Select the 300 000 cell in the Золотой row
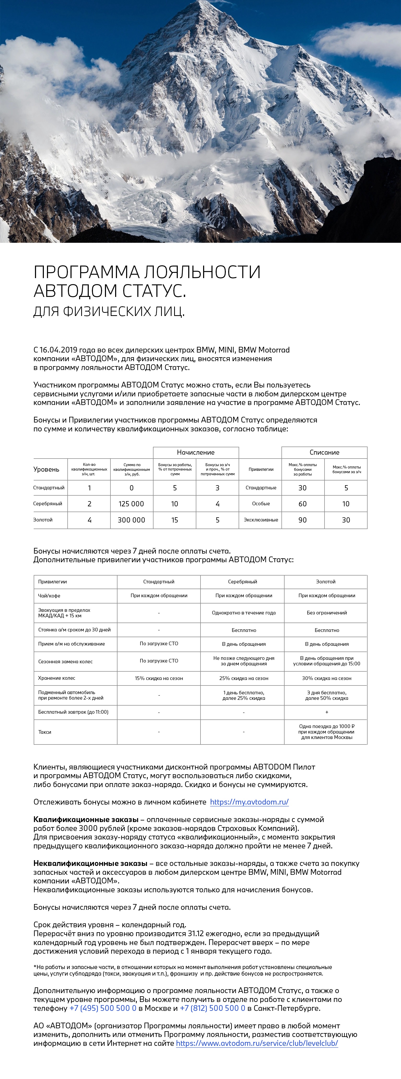[x=131, y=520]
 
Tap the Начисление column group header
[x=196, y=452]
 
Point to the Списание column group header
[x=325, y=452]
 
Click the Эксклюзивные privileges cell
[x=261, y=520]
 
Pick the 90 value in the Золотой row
[x=302, y=520]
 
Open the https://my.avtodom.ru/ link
[x=249, y=802]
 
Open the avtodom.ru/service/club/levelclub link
[x=257, y=1043]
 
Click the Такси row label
[x=45, y=732]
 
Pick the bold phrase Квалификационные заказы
[x=86, y=819]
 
